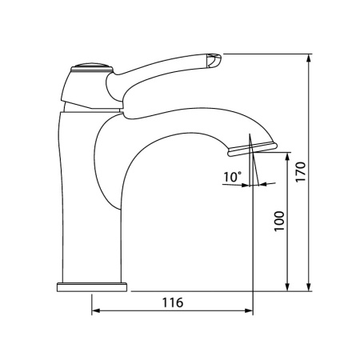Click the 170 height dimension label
(301, 172)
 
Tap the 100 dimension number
(279, 222)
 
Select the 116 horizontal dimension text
(173, 302)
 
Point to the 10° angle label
(232, 177)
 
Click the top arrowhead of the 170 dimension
(309, 58)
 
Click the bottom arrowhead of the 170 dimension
(309, 287)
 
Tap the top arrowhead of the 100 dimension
(287, 157)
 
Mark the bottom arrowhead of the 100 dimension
(287, 287)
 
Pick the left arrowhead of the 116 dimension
(96, 310)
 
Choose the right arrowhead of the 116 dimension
(249, 310)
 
